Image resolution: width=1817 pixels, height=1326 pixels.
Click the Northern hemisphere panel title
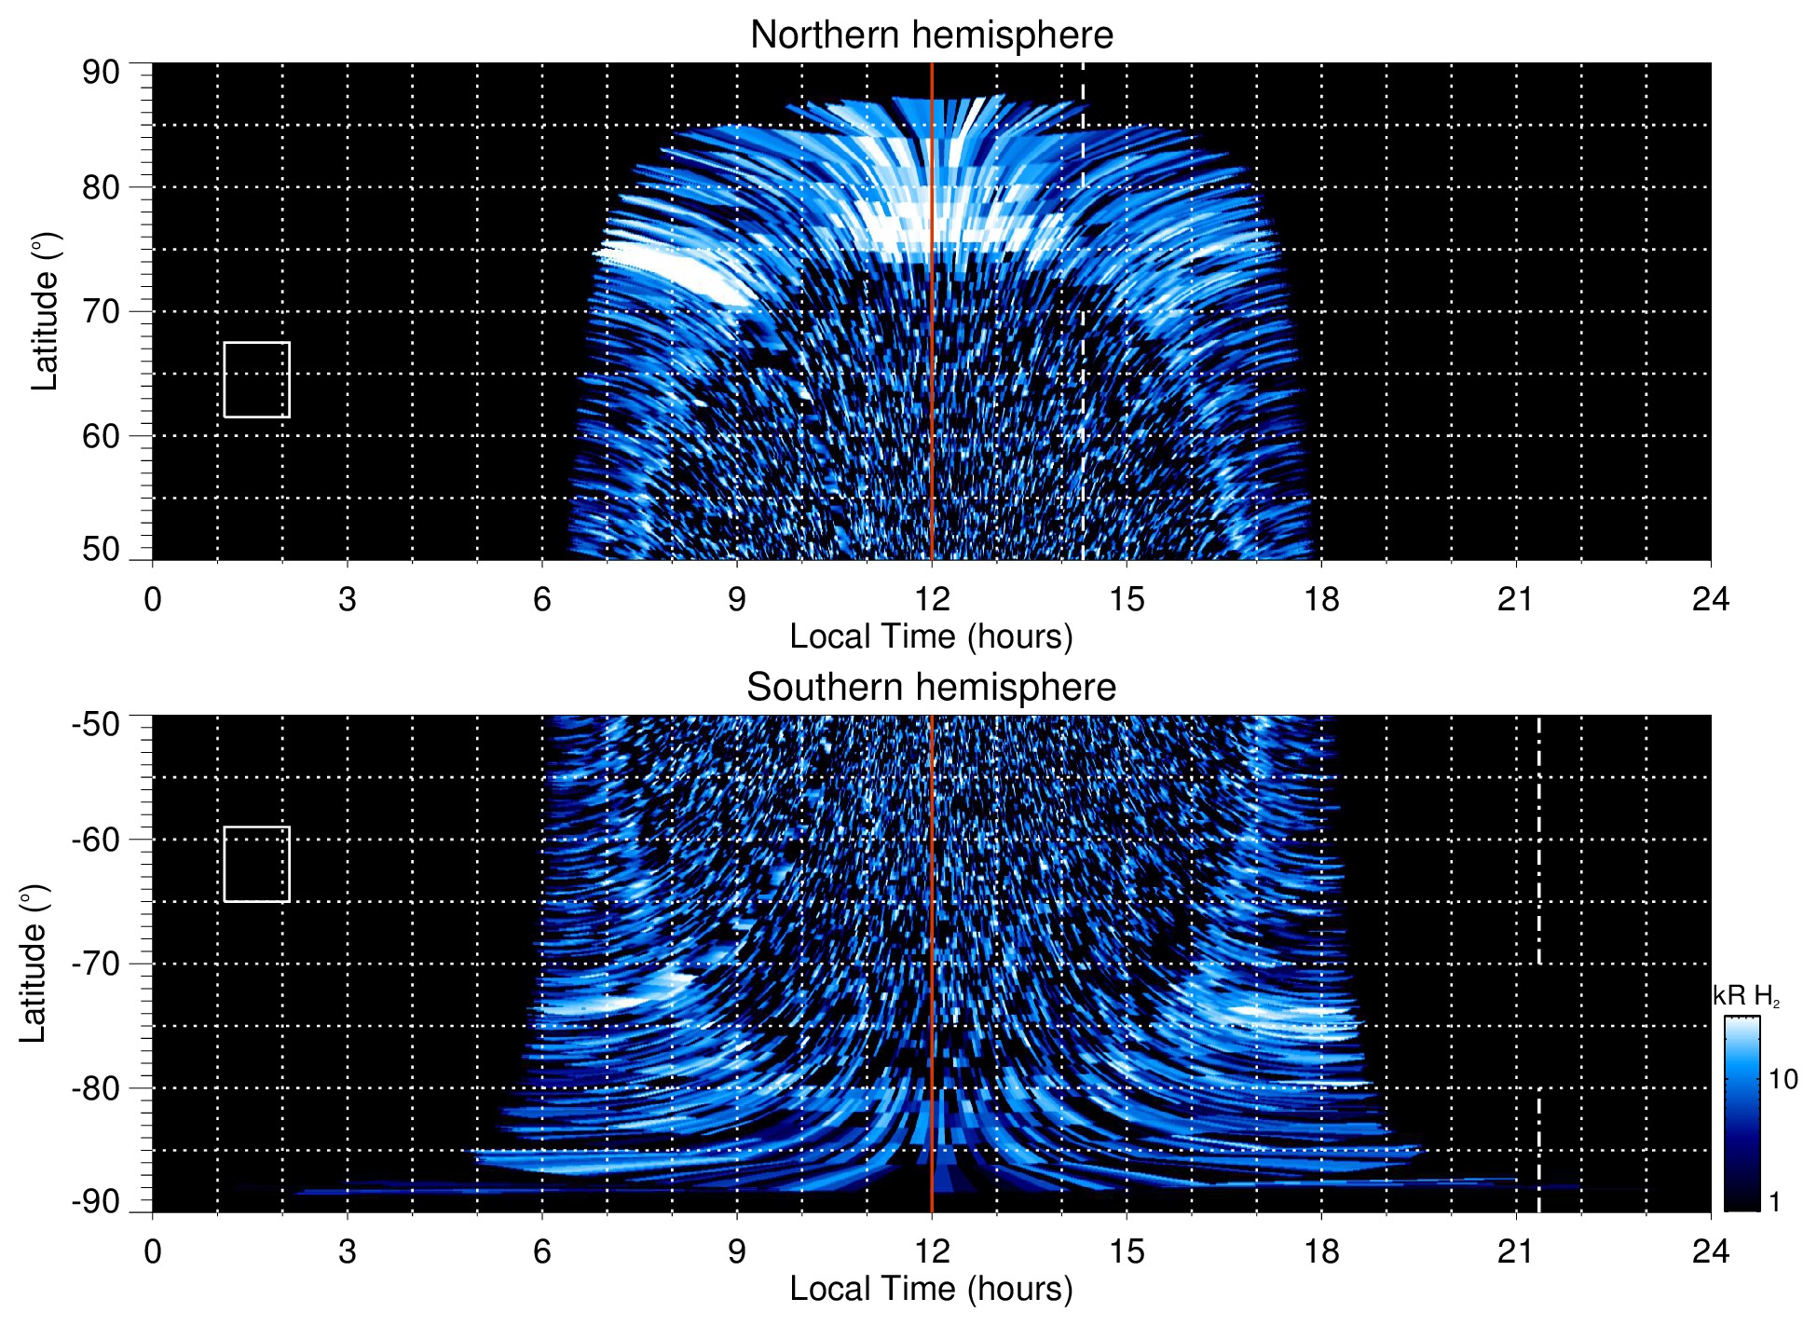tap(931, 35)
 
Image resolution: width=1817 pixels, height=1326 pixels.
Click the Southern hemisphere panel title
tap(931, 688)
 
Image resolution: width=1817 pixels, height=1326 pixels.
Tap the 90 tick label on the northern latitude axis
tap(101, 73)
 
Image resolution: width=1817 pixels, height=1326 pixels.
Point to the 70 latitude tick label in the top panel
tap(101, 311)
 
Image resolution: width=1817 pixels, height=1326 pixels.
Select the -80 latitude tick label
tap(96, 1087)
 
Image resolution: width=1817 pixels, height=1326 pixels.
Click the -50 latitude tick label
tap(96, 724)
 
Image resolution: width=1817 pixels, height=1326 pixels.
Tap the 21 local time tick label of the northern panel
tap(1515, 599)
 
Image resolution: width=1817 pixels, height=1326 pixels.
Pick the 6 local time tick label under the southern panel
tap(541, 1251)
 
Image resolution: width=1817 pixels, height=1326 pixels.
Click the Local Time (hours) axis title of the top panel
tap(931, 636)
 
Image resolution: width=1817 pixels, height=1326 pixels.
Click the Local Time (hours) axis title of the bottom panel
tap(931, 1289)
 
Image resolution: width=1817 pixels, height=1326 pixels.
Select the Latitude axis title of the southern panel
tap(34, 964)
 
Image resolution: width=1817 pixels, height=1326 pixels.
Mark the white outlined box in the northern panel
tap(256, 379)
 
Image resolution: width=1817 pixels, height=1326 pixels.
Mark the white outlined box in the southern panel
tap(256, 864)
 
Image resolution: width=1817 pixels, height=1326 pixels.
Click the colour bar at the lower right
tap(1741, 1113)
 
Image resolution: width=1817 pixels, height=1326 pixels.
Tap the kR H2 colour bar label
tap(1745, 996)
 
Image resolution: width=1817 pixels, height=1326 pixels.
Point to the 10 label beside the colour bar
tap(1782, 1079)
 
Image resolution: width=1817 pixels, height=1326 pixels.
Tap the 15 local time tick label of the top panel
tap(1126, 599)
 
